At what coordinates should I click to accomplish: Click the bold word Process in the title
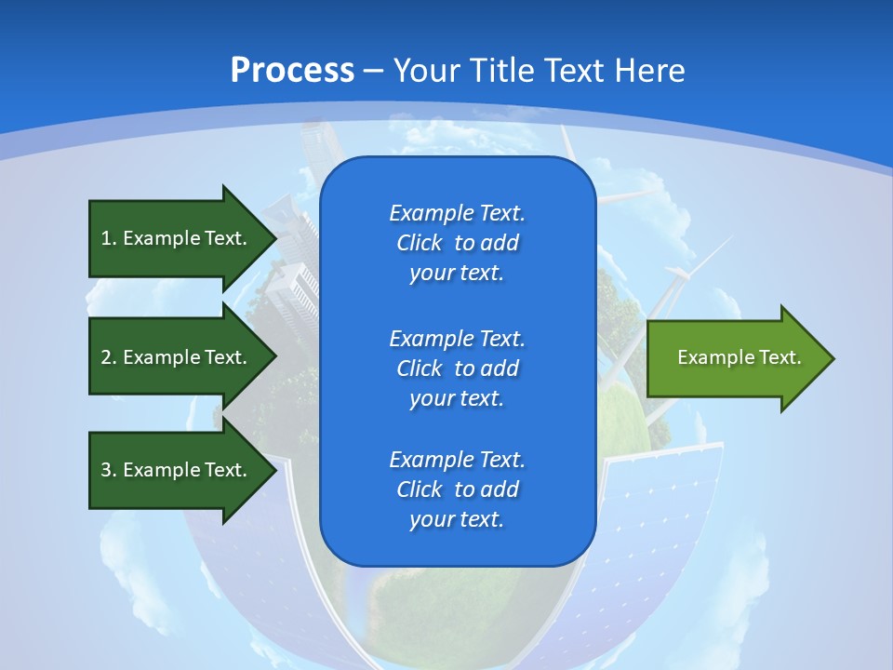(292, 71)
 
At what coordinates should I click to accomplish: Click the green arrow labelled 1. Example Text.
(177, 238)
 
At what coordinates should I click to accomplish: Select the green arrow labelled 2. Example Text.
(177, 357)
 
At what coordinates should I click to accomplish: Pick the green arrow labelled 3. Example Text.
(177, 470)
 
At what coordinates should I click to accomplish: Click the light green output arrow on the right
(735, 358)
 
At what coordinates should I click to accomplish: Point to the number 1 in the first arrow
(106, 238)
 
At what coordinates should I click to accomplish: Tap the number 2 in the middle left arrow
(106, 357)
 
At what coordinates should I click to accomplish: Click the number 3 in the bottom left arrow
(106, 470)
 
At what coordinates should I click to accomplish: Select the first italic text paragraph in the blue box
(457, 243)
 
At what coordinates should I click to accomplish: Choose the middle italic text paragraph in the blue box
(457, 368)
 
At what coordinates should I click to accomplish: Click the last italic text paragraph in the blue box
(457, 489)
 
